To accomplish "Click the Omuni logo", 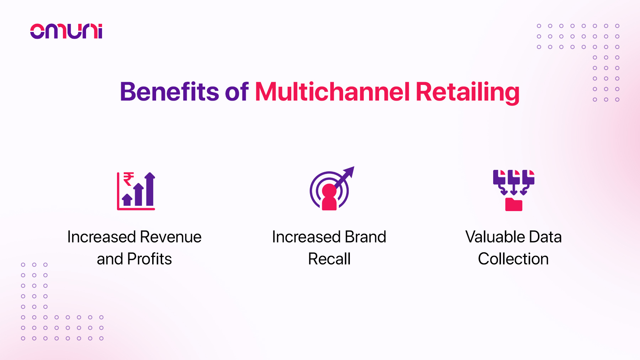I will [66, 31].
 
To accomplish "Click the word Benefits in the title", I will [169, 92].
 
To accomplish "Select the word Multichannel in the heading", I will [332, 92].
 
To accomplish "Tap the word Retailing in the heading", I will [467, 92].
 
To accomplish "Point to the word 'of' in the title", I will [236, 92].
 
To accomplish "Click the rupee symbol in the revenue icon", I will [128, 179].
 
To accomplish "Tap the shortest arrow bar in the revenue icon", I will [127, 200].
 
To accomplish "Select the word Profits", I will [149, 259].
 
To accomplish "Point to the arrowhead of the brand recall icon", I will [350, 171].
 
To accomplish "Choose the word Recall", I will [329, 259].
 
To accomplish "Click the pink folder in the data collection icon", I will [513, 205].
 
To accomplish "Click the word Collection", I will [513, 259].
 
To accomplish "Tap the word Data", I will [545, 237].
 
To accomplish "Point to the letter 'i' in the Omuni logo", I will [100, 31].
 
